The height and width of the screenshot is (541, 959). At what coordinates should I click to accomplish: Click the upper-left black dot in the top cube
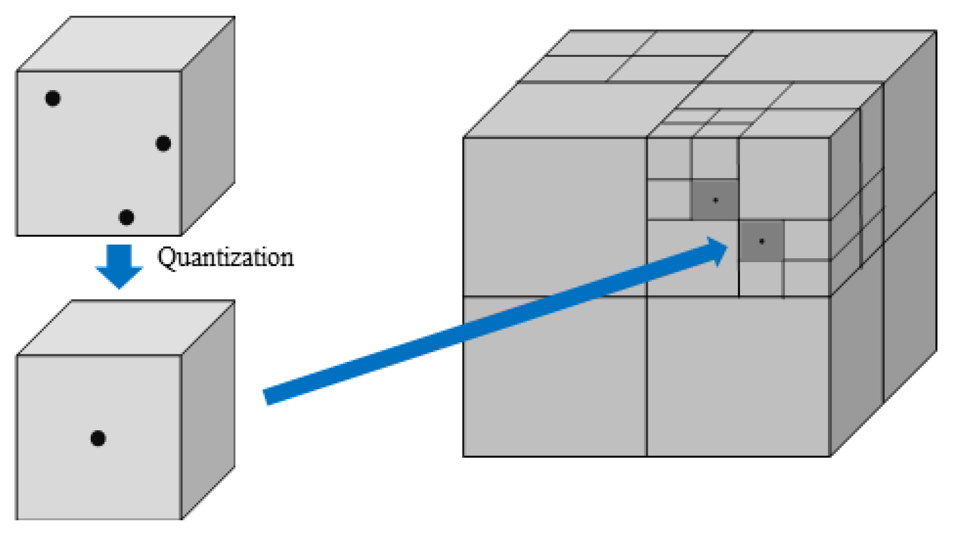52,98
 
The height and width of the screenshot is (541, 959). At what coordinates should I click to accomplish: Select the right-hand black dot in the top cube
163,144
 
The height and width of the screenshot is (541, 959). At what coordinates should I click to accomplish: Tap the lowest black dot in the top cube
126,217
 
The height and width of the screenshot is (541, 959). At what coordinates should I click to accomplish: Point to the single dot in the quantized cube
98,438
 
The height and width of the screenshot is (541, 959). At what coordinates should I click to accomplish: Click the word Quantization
225,257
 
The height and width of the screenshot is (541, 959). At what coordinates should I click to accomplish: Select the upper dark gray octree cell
715,200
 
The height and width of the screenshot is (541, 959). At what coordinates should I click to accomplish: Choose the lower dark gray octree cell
761,241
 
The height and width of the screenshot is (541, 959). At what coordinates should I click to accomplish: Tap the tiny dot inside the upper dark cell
715,200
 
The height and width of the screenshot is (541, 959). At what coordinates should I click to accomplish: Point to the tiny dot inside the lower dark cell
762,241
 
